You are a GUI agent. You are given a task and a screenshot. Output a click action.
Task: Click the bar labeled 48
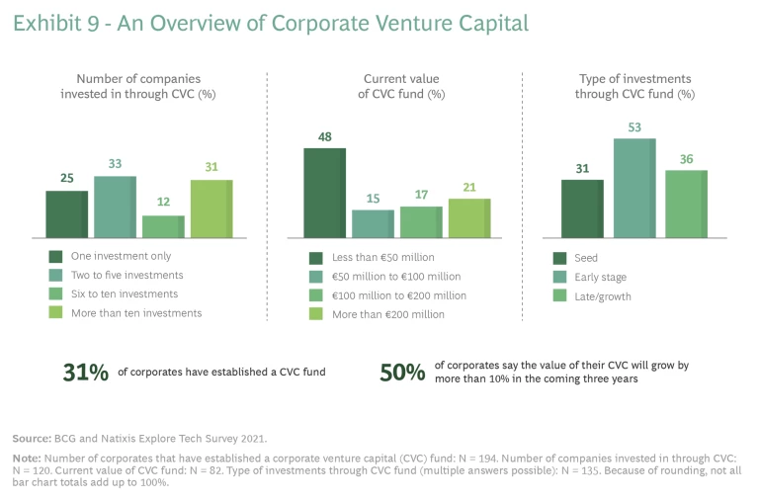(324, 193)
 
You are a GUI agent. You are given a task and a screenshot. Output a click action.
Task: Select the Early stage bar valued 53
(634, 188)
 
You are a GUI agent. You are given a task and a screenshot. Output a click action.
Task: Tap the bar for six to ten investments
(163, 226)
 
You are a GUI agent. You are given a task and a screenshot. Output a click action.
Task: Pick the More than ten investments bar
(211, 209)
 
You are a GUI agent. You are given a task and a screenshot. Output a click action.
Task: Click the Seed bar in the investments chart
(582, 209)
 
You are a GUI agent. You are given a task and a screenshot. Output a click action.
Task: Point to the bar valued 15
(373, 223)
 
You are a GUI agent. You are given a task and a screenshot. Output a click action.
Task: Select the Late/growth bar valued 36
(686, 204)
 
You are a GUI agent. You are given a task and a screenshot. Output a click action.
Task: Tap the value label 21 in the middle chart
(469, 188)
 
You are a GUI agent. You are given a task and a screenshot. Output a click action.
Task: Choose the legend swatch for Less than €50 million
(316, 257)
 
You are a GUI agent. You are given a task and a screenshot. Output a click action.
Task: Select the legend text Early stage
(600, 277)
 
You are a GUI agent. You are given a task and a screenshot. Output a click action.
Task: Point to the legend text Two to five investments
(127, 276)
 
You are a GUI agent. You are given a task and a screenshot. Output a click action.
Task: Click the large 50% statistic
(403, 373)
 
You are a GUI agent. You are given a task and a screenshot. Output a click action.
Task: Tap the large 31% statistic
(84, 373)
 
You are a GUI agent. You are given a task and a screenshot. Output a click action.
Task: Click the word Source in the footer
(32, 436)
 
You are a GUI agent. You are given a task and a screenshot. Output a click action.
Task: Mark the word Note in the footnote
(27, 459)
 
